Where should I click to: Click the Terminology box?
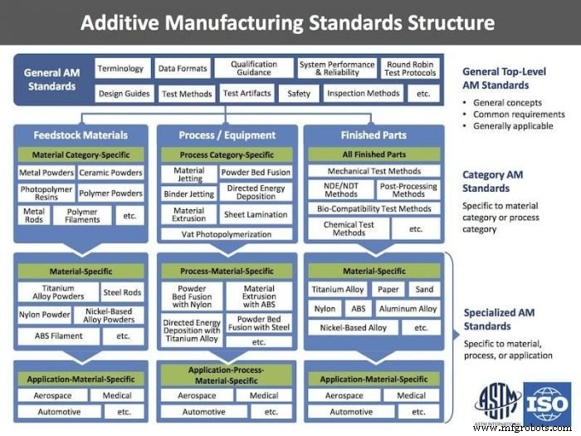121,70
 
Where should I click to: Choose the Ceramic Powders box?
110,173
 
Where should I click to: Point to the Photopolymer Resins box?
46,194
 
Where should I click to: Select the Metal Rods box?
34,215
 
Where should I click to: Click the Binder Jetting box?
189,194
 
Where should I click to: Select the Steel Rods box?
123,291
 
